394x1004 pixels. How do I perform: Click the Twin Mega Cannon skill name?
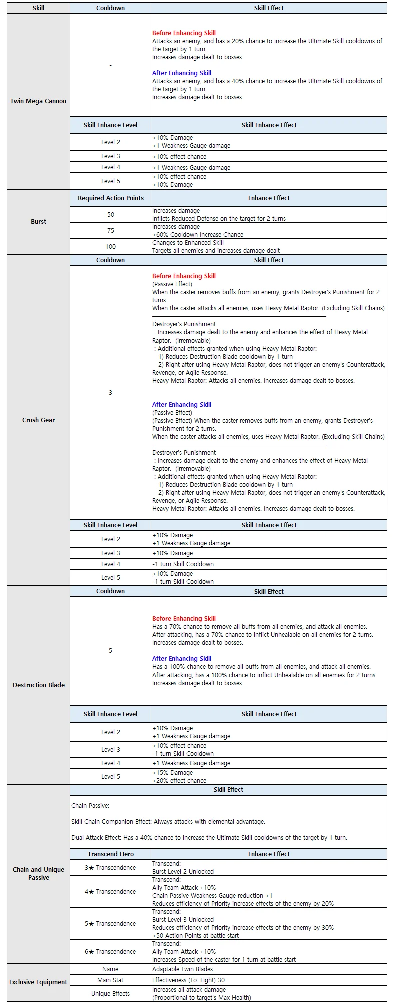pyautogui.click(x=38, y=101)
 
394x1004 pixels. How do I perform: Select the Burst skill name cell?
pyautogui.click(x=38, y=222)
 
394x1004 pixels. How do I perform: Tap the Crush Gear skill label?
pyautogui.click(x=38, y=420)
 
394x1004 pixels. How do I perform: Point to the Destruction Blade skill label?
pyautogui.click(x=38, y=685)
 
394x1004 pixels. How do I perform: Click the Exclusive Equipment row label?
pyautogui.click(x=38, y=982)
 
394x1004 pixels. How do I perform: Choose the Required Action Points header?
pyautogui.click(x=110, y=198)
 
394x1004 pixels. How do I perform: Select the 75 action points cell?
pyautogui.click(x=110, y=231)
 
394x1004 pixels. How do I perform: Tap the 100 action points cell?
pyautogui.click(x=110, y=247)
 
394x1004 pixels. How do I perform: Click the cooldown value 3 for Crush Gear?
pyautogui.click(x=110, y=393)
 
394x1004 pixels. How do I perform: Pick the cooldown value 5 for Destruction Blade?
pyautogui.click(x=110, y=651)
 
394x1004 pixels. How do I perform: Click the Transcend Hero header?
pyautogui.click(x=110, y=854)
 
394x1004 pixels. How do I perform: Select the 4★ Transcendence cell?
pyautogui.click(x=110, y=892)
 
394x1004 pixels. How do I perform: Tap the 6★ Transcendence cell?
pyautogui.click(x=110, y=952)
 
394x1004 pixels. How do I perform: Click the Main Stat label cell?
pyautogui.click(x=110, y=980)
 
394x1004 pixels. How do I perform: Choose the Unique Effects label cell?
pyautogui.click(x=110, y=994)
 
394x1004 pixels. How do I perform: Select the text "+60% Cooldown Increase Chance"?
pyautogui.click(x=198, y=235)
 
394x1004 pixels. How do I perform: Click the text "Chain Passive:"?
pyautogui.click(x=90, y=806)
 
